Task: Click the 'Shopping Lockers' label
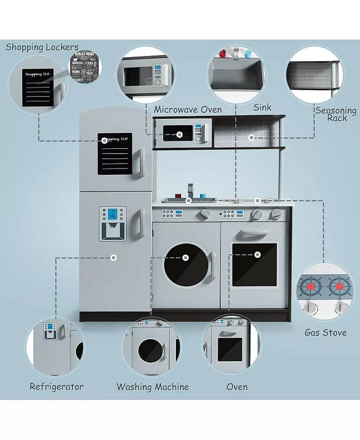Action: coord(42,47)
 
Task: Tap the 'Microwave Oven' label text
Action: coord(188,110)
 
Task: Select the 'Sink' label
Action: coord(262,108)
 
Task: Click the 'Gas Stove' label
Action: coord(325,333)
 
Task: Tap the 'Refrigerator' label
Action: coord(57,386)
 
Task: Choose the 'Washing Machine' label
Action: coord(153,387)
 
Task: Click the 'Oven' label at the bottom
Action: coord(237,387)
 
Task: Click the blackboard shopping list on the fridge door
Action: coord(115,154)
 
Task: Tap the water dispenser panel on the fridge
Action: coord(112,223)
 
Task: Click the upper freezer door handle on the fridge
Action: coord(140,163)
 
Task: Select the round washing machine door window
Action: coord(185,265)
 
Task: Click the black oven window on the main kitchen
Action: coord(254,265)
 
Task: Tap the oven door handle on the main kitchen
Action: coord(254,232)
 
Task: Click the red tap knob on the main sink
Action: coord(178,197)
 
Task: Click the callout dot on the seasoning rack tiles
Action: coord(252,137)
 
